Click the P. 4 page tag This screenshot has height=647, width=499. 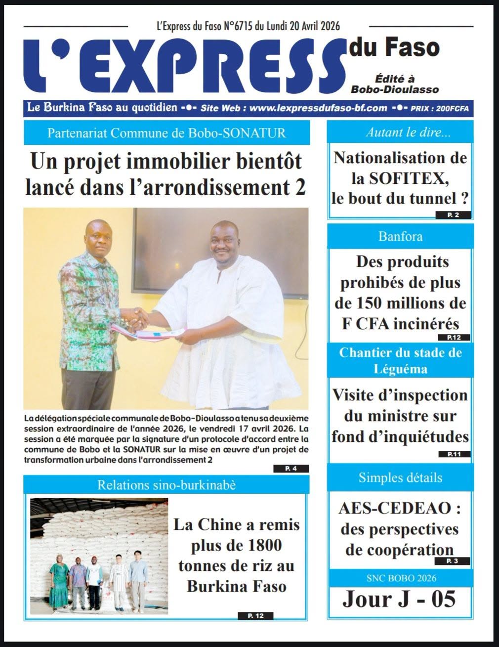(291, 469)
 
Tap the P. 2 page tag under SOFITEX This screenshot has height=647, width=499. (453, 215)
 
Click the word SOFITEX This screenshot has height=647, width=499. (404, 178)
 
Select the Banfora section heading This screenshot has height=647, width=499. (400, 236)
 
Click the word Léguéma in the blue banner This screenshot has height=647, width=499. (401, 369)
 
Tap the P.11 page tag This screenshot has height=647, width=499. (453, 454)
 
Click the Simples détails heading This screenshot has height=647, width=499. (400, 477)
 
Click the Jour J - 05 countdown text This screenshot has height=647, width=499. (399, 599)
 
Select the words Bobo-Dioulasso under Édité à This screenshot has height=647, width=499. (395, 89)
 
